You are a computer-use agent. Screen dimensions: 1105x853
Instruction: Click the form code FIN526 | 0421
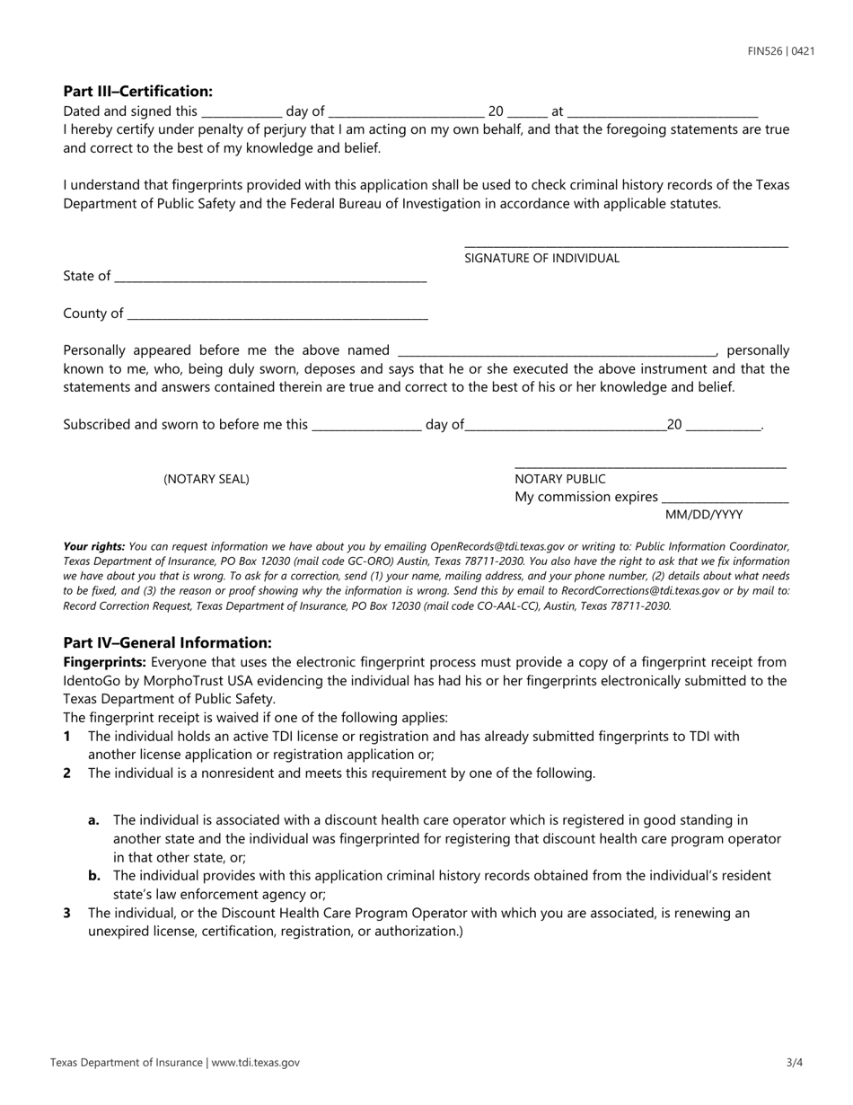click(781, 51)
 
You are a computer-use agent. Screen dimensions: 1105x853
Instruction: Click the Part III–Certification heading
click(138, 91)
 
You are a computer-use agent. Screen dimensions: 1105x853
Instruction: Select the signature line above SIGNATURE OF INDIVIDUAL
click(626, 244)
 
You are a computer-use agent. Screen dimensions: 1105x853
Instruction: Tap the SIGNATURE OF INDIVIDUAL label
click(541, 258)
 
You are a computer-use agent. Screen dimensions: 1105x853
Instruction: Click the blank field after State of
click(270, 278)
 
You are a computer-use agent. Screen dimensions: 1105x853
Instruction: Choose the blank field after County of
click(277, 314)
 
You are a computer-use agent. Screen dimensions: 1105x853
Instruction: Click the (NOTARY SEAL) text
click(207, 479)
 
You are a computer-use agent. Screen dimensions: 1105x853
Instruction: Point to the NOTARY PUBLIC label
click(560, 479)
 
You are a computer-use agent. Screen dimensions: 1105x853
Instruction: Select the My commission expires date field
click(725, 499)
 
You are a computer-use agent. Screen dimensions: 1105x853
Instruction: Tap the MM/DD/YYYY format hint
click(704, 515)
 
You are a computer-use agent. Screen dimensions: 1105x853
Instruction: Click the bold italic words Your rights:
click(94, 546)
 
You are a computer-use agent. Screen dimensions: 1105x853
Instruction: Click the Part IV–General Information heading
click(167, 642)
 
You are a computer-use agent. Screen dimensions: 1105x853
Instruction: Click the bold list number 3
click(67, 913)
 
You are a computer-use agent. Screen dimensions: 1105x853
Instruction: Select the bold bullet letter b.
click(94, 875)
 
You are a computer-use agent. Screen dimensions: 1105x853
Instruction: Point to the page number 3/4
click(794, 1062)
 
